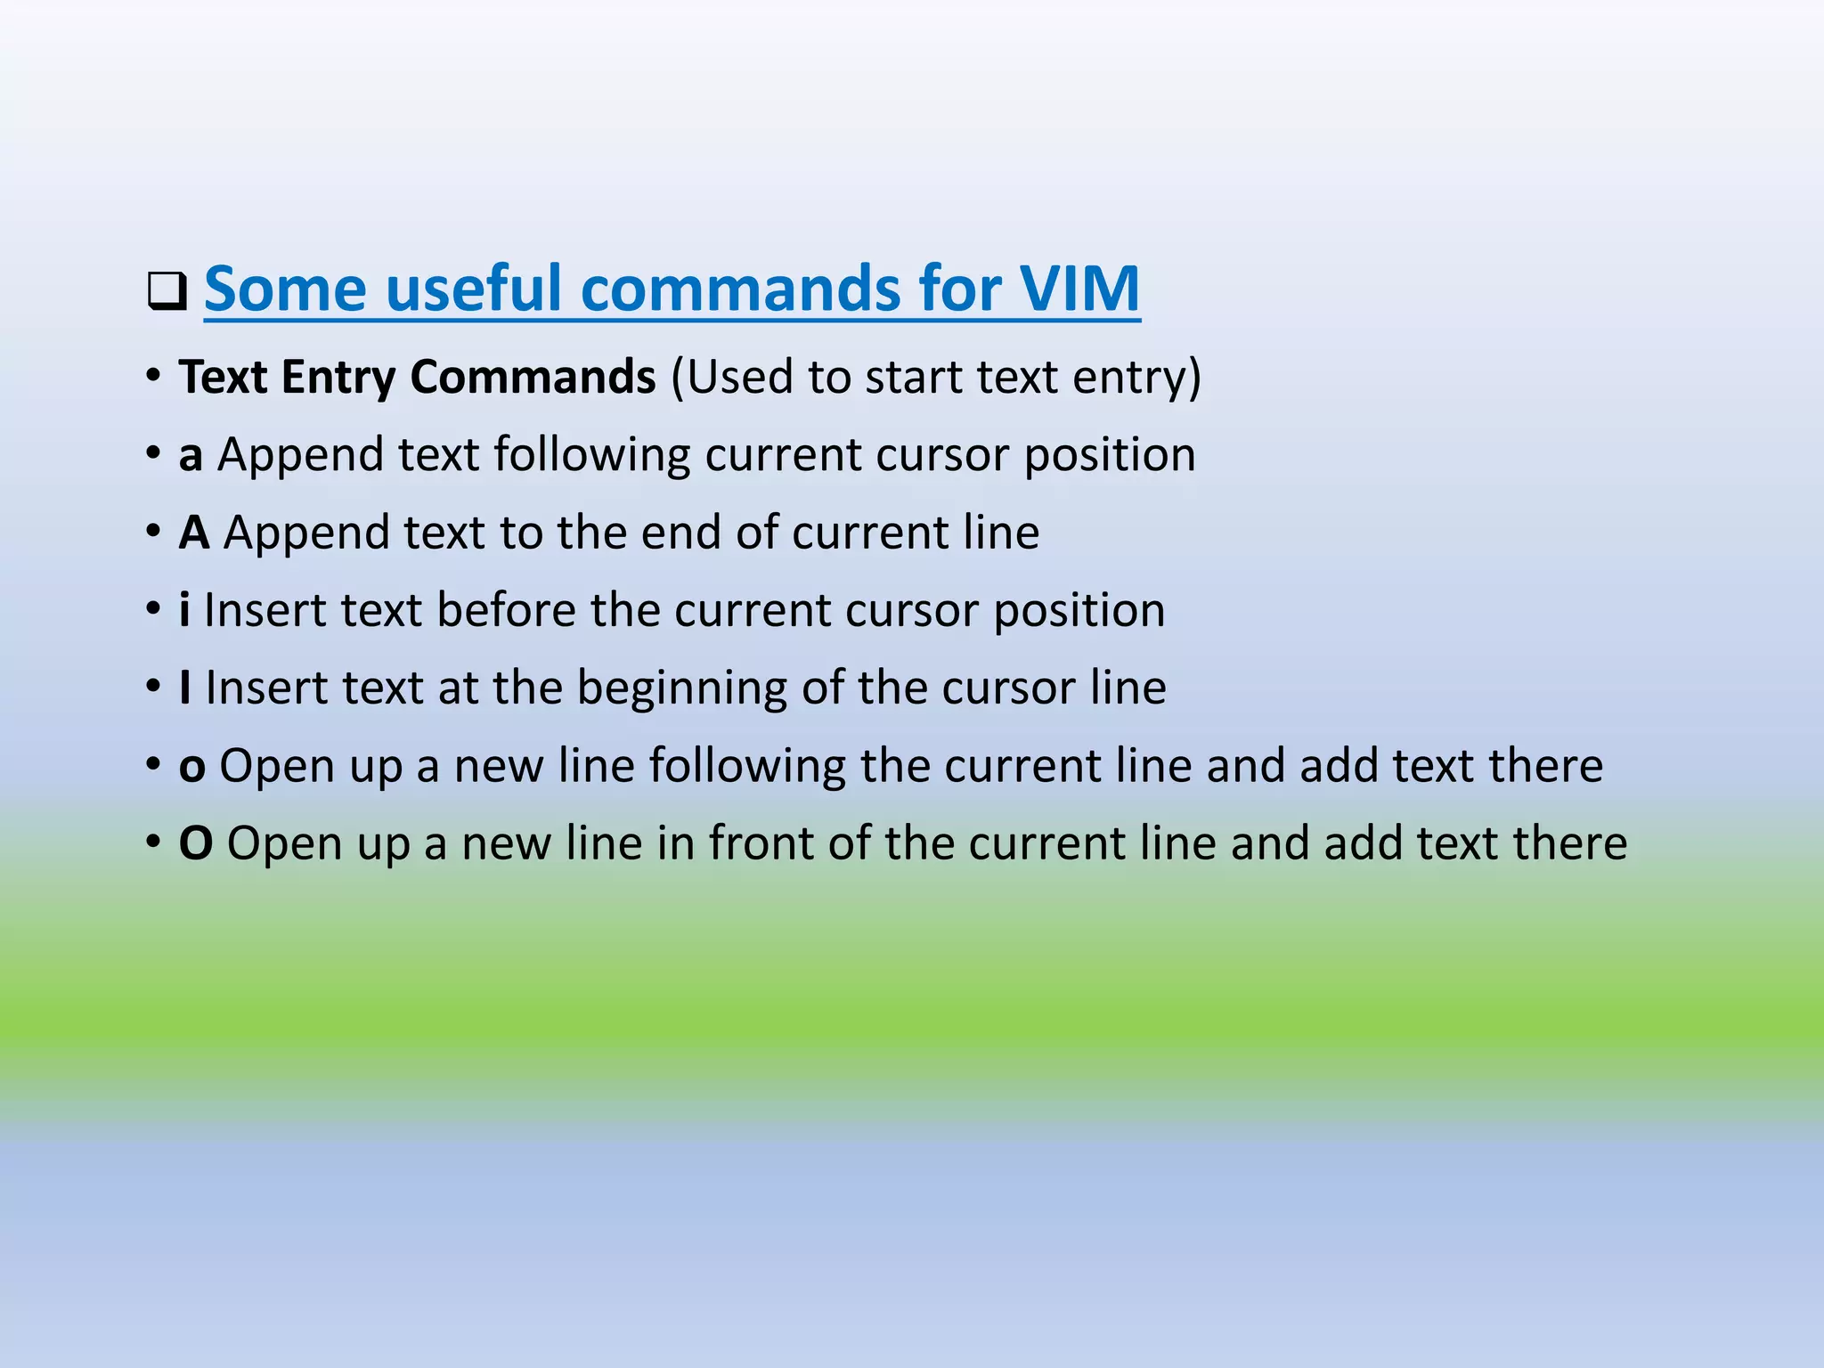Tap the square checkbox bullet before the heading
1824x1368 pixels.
click(x=167, y=292)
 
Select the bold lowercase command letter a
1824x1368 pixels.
click(x=191, y=455)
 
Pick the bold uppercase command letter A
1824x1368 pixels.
click(x=194, y=533)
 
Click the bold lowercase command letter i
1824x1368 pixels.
click(x=184, y=610)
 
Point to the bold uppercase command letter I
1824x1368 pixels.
click(x=185, y=688)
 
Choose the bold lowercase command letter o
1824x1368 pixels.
click(x=192, y=766)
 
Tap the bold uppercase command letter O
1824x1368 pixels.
click(x=196, y=843)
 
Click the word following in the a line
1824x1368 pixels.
click(x=592, y=455)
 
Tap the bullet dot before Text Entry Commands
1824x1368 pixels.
click(x=154, y=376)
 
